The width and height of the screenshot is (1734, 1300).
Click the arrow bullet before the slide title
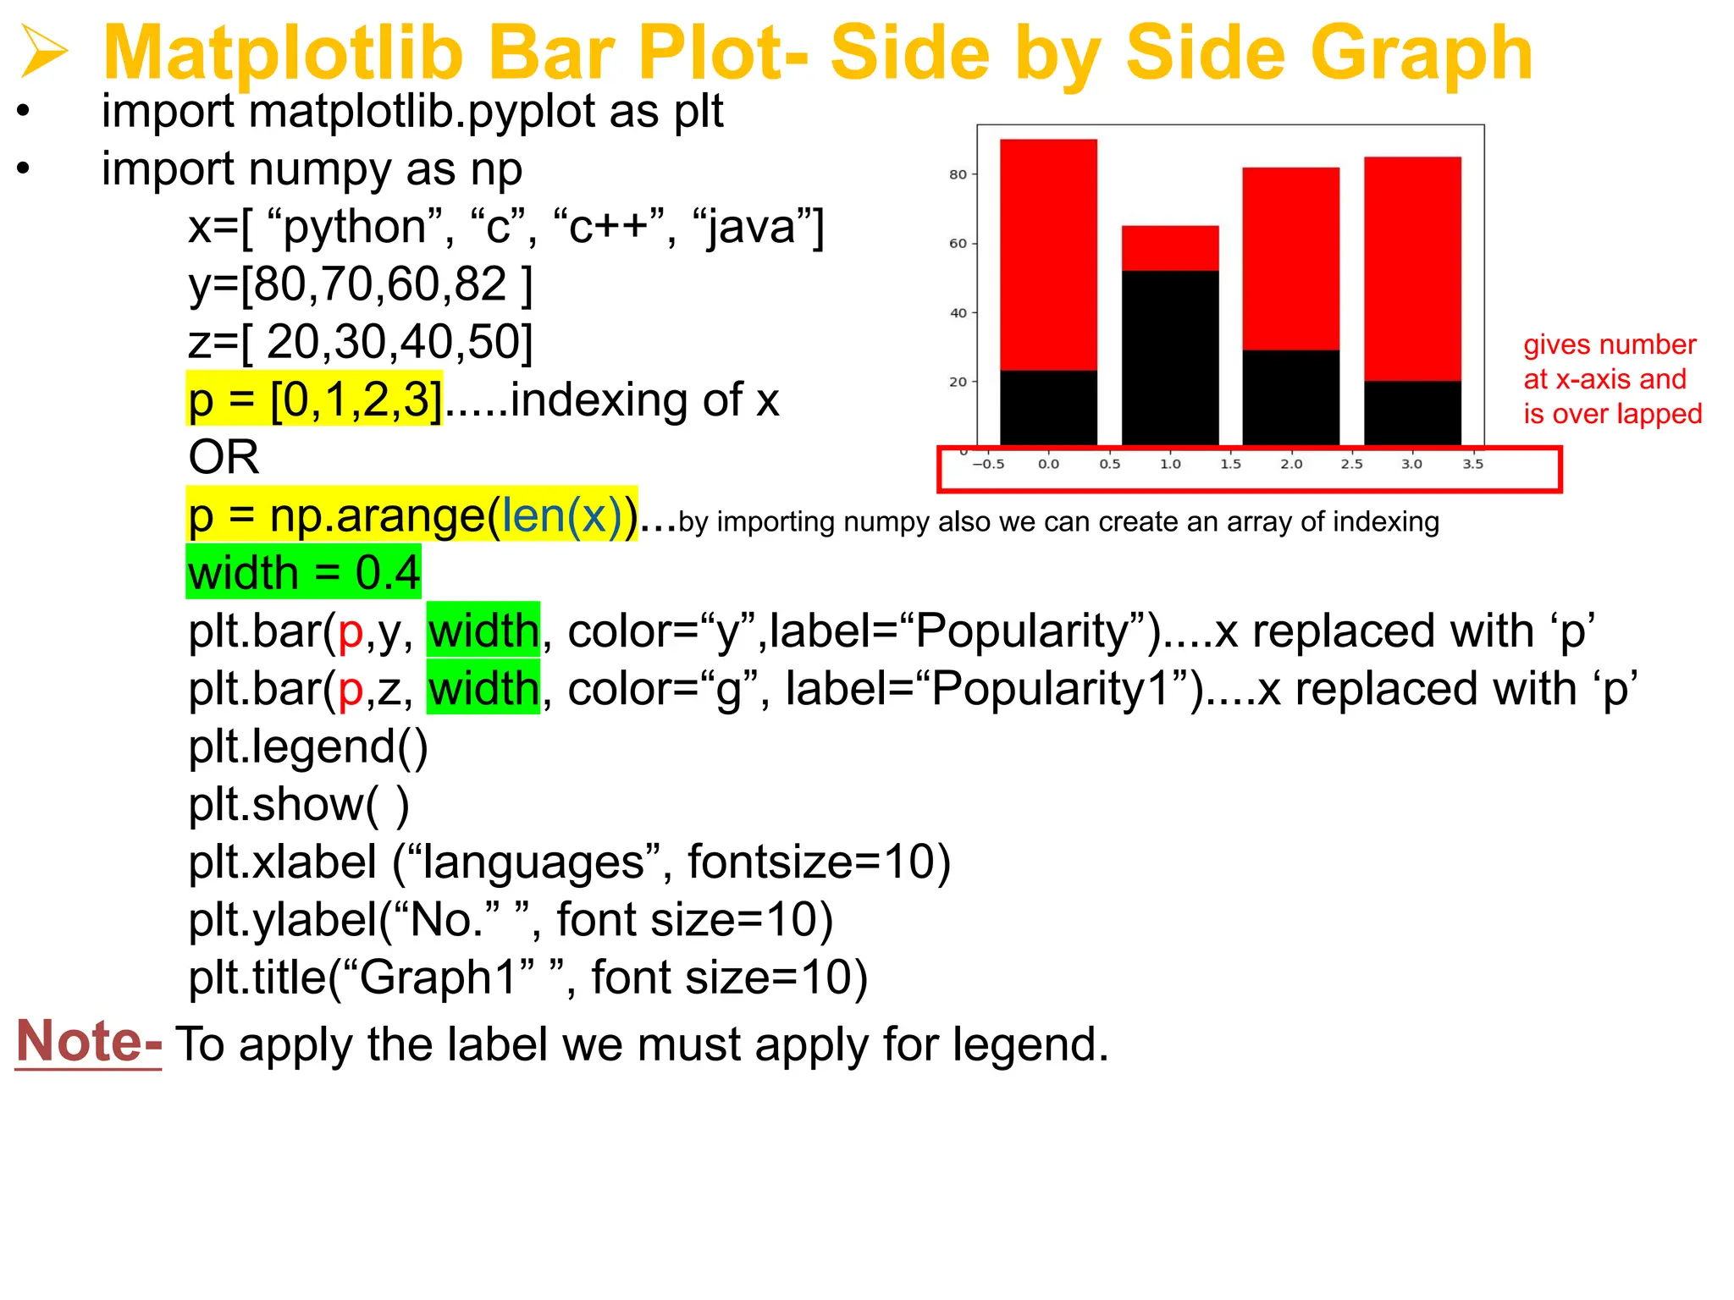(x=44, y=52)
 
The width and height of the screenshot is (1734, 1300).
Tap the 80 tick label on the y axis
(x=958, y=174)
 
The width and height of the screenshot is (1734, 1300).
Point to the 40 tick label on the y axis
(x=958, y=313)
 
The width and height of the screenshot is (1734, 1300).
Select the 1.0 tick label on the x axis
(x=1170, y=464)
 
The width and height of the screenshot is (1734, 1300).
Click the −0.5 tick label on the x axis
(x=988, y=464)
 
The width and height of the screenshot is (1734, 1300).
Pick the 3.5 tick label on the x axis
(x=1473, y=464)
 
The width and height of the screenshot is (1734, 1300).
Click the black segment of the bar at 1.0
(x=1170, y=357)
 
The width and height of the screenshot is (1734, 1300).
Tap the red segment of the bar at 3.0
(x=1412, y=268)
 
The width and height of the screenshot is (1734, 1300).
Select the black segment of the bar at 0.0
(x=1048, y=407)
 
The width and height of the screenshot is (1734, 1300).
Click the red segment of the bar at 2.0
(x=1290, y=258)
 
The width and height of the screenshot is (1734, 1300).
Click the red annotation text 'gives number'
(x=1610, y=345)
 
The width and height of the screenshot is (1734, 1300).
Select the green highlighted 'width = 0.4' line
(x=303, y=573)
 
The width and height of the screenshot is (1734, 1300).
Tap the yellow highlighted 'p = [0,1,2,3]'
(x=314, y=399)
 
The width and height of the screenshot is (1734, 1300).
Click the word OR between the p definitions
(x=224, y=457)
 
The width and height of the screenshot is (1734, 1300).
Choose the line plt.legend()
(x=308, y=746)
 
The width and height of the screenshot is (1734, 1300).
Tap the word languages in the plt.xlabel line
(x=533, y=862)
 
